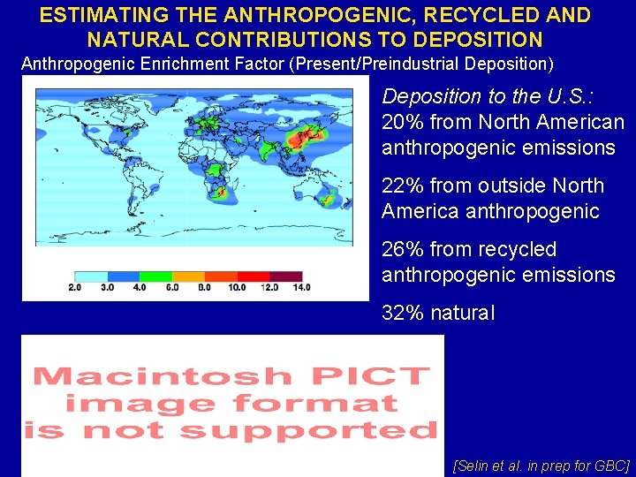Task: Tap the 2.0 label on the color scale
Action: coord(75,287)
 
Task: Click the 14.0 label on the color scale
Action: coord(301,287)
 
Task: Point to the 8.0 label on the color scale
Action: coord(204,287)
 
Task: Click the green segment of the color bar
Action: coord(155,276)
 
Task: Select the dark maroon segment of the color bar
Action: coord(284,276)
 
